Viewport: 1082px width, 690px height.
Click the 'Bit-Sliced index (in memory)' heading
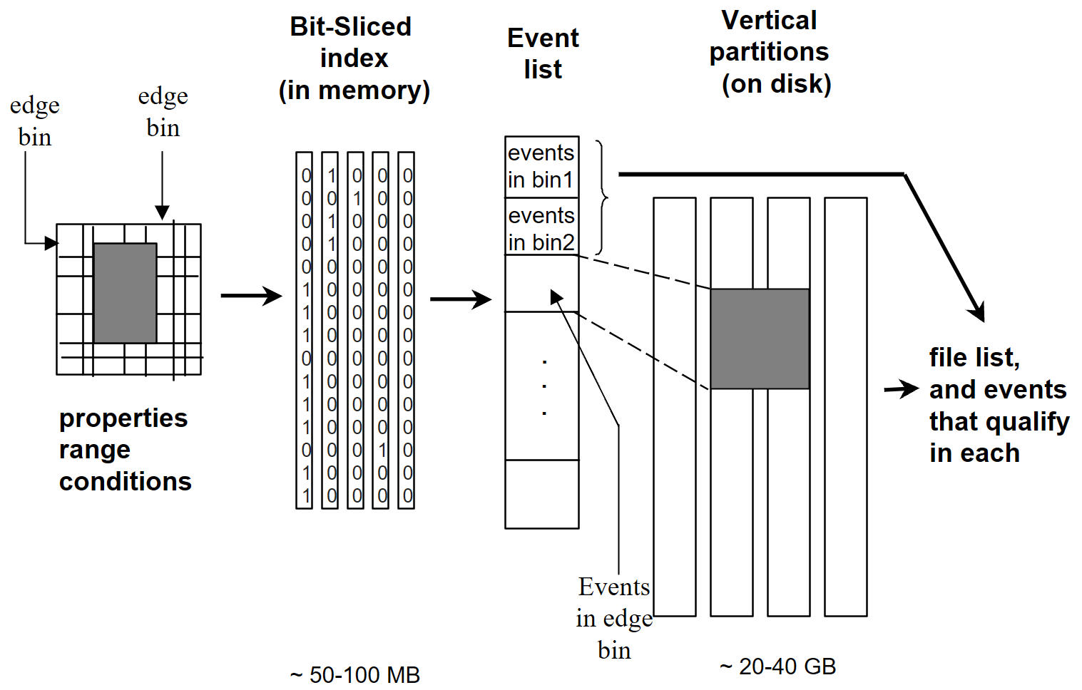(353, 58)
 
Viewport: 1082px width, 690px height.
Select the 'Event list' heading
(542, 53)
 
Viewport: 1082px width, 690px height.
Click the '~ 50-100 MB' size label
(355, 674)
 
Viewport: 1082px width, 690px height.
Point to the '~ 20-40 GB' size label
(777, 666)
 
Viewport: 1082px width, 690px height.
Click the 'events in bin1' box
(541, 167)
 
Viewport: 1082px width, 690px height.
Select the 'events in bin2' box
(541, 228)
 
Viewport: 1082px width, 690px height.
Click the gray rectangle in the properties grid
(125, 293)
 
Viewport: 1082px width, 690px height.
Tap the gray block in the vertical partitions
(760, 339)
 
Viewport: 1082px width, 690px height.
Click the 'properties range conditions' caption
(125, 449)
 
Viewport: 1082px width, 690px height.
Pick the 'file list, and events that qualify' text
(997, 405)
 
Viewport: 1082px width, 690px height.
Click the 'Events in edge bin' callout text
(614, 618)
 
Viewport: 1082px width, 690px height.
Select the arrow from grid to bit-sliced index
(251, 295)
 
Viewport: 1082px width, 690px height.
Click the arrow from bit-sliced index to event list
(460, 299)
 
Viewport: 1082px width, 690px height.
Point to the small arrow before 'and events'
(901, 389)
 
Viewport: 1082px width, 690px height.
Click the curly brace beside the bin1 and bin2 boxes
(603, 197)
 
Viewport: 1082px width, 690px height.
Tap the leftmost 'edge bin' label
(34, 121)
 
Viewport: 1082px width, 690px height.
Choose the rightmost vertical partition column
(845, 406)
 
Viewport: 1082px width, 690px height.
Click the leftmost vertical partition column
(674, 406)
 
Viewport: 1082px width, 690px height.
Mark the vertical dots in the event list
(544, 387)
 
